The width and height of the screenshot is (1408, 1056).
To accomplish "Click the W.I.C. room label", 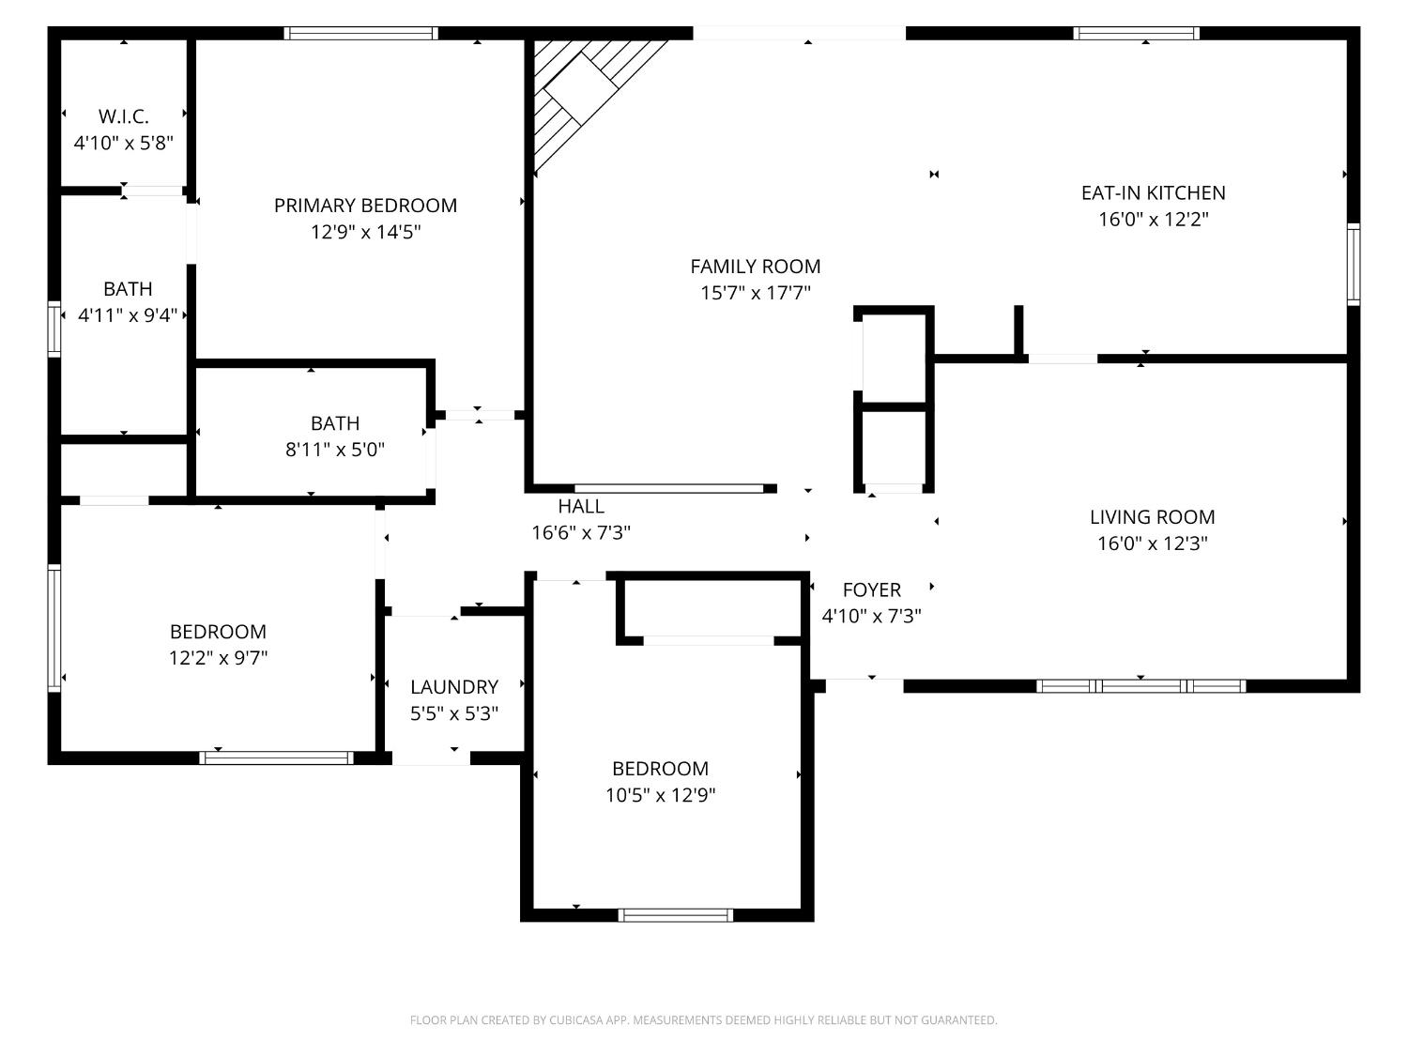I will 123,116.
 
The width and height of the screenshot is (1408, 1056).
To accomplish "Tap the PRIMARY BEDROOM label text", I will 365,206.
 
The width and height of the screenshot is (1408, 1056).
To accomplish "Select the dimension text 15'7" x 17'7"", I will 755,293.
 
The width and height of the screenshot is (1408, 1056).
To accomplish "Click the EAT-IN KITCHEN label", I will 1153,192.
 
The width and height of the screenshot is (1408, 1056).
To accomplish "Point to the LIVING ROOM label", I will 1152,517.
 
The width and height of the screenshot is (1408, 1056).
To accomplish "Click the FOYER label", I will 871,590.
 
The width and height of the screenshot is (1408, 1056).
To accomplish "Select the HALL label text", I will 580,507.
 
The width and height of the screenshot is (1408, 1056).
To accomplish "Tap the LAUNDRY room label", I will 453,687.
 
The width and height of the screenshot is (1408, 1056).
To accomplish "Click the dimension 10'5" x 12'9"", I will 660,796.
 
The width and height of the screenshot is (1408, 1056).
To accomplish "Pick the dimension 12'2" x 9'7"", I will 218,658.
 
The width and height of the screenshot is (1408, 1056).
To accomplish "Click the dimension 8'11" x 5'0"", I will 334,450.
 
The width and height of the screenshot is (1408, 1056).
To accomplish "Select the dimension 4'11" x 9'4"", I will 127,315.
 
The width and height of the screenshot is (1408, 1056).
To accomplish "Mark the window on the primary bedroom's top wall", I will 361,34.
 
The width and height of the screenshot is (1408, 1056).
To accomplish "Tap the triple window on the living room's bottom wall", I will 1140,686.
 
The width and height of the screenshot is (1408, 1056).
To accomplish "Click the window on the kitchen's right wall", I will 1353,264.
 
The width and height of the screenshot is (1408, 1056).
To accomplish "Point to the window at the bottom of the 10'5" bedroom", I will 676,915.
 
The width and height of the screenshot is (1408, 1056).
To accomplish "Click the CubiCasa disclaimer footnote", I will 703,1020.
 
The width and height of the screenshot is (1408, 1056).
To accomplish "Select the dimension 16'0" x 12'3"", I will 1152,543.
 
